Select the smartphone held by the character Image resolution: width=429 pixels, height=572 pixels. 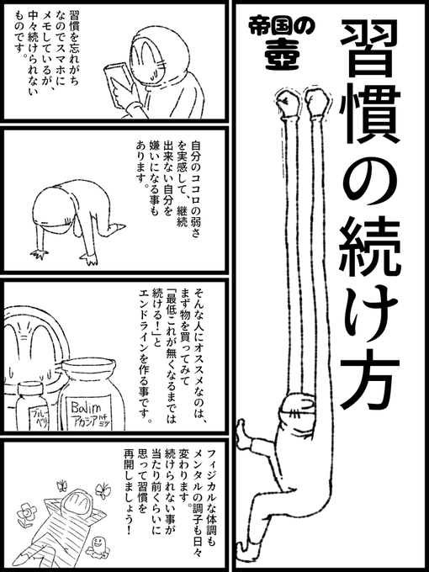(117, 84)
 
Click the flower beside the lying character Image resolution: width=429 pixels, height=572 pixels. (27, 513)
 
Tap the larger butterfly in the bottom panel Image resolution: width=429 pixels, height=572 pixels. (103, 490)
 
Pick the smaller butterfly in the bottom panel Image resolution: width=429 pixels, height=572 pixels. (62, 485)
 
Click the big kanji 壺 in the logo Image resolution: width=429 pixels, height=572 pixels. (279, 55)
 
